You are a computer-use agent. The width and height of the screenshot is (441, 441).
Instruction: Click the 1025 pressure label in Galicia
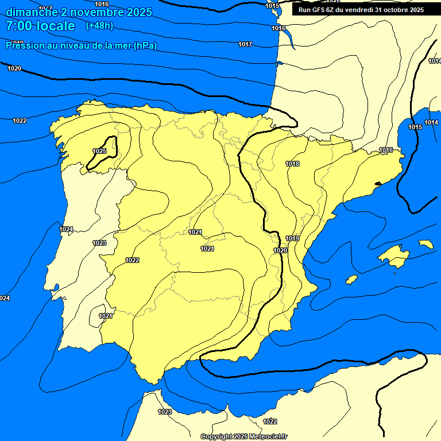pyautogui.click(x=99, y=151)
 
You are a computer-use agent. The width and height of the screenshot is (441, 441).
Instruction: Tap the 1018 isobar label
pyautogui.click(x=292, y=164)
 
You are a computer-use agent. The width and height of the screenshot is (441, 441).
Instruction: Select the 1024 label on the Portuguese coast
pyautogui.click(x=66, y=229)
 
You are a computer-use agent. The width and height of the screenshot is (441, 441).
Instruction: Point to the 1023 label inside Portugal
pyautogui.click(x=99, y=243)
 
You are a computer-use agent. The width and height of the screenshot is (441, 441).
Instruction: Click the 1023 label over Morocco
pyautogui.click(x=165, y=412)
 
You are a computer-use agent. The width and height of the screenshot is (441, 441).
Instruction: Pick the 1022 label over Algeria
pyautogui.click(x=270, y=421)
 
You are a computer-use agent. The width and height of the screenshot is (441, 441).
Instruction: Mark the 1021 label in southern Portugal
pyautogui.click(x=105, y=316)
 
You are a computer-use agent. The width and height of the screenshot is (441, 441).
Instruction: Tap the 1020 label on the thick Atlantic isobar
pyautogui.click(x=14, y=68)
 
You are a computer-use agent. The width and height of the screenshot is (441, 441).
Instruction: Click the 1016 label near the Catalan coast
pyautogui.click(x=386, y=150)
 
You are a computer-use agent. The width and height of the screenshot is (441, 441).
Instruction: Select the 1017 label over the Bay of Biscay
pyautogui.click(x=245, y=44)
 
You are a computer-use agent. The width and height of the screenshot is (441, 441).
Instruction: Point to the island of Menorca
pyautogui.click(x=426, y=244)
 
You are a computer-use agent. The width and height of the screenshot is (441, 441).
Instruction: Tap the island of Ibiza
pyautogui.click(x=352, y=279)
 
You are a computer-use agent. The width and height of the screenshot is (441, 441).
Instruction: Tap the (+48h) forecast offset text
pyautogui.click(x=99, y=25)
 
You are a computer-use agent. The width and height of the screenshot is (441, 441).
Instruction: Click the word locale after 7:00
pyautogui.click(x=56, y=26)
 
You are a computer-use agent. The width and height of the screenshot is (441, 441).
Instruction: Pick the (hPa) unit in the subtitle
pyautogui.click(x=145, y=45)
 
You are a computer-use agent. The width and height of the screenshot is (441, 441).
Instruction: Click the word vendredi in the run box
pyautogui.click(x=358, y=10)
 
